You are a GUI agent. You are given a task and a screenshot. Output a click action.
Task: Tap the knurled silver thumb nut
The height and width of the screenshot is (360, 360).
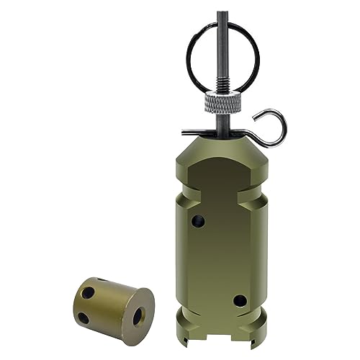click(x=222, y=104)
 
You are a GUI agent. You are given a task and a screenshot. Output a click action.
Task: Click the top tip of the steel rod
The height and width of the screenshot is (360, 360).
click(x=222, y=6)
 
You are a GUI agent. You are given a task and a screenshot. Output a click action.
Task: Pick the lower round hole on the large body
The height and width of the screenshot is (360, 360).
click(x=239, y=300)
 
